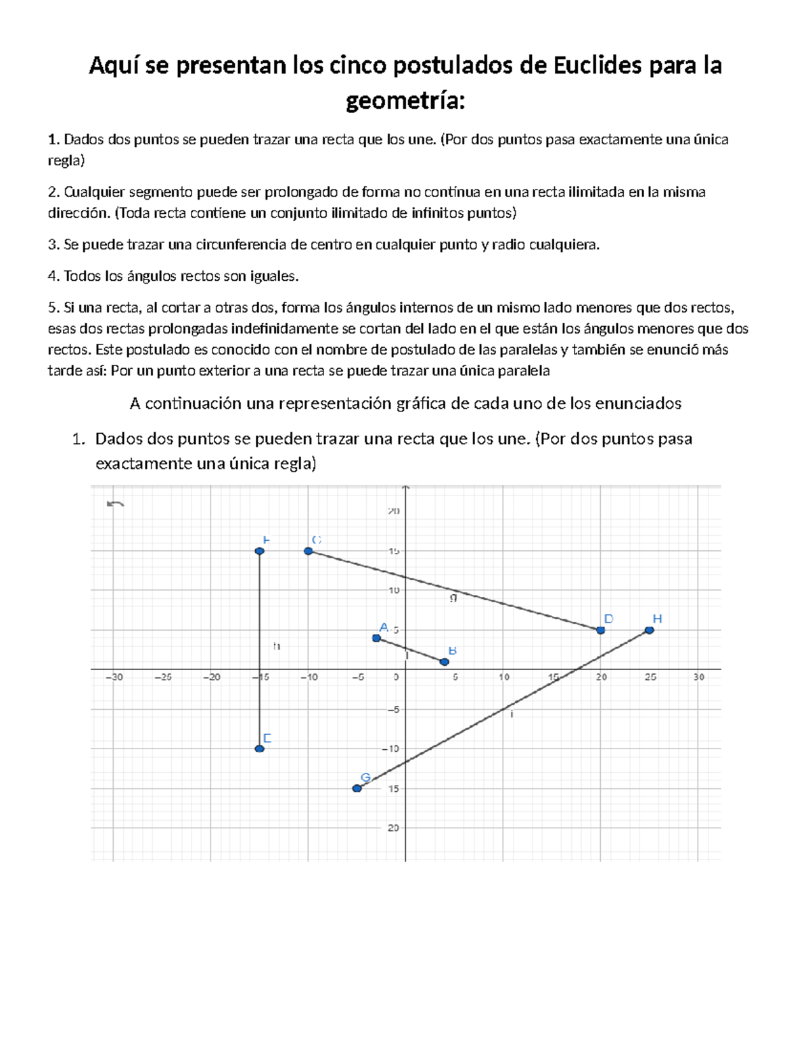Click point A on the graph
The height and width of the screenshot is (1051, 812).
tap(376, 638)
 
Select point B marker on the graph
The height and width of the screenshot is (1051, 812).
tap(445, 661)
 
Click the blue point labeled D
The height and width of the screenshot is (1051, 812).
tap(600, 630)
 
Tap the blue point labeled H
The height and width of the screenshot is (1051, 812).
tap(649, 630)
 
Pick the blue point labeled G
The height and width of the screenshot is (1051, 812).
tap(357, 788)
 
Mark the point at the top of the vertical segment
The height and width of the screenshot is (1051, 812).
tap(259, 551)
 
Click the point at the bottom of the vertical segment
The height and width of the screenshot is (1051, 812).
tap(259, 748)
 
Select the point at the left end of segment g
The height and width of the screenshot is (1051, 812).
tap(308, 551)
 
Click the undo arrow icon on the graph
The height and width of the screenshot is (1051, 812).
tap(115, 504)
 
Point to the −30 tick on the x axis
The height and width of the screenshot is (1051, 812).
tap(114, 677)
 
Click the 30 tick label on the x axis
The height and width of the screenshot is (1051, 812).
tap(698, 677)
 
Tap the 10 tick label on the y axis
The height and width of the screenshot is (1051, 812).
tap(394, 590)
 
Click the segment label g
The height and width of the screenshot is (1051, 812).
tap(453, 598)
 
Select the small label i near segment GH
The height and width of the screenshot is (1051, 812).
tap(512, 714)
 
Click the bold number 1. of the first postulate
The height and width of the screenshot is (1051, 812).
tap(53, 140)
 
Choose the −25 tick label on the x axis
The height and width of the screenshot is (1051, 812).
tap(163, 677)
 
